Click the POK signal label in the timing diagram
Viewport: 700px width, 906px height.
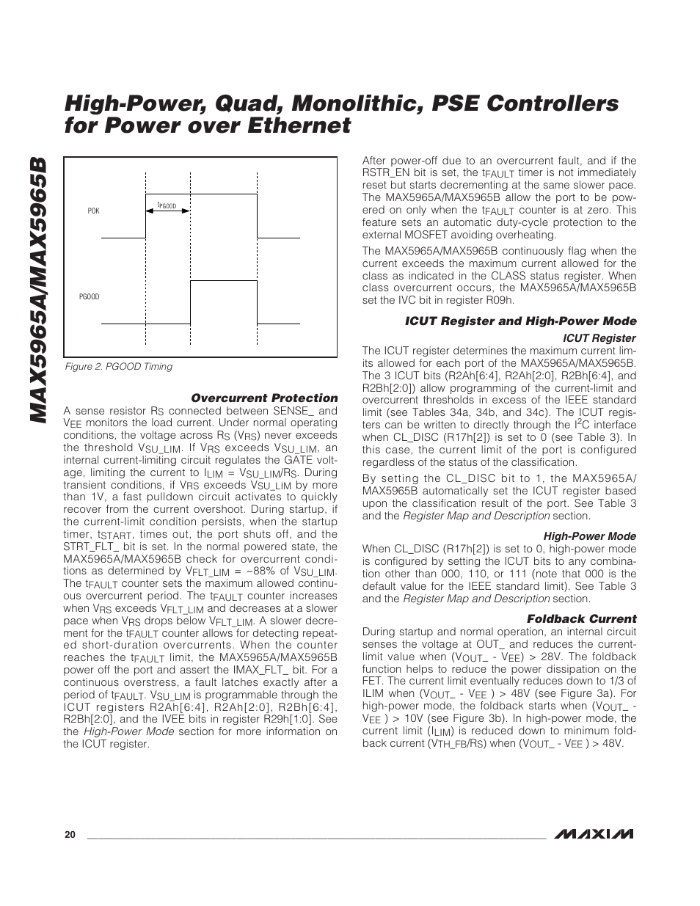tap(93, 211)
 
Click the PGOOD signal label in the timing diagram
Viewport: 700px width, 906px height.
tap(89, 297)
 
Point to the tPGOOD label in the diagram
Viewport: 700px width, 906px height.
tap(167, 206)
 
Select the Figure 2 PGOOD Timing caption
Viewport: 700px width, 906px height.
tap(119, 367)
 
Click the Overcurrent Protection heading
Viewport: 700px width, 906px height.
tap(264, 398)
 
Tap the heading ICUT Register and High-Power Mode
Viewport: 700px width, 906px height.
tap(520, 321)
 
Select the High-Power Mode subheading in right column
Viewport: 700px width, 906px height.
tap(589, 536)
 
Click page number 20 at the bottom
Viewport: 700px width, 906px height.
tap(69, 835)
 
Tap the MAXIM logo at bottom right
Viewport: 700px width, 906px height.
tap(594, 834)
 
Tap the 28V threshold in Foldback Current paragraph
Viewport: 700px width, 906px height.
tap(550, 657)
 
